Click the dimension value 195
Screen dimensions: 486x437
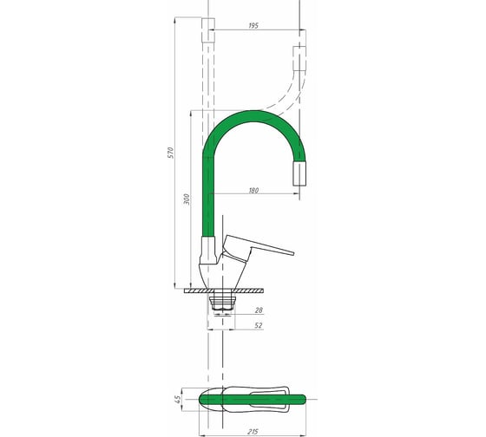pyautogui.click(x=253, y=25)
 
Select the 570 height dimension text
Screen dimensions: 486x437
pyautogui.click(x=171, y=153)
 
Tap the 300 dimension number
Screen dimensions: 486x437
pyautogui.click(x=187, y=199)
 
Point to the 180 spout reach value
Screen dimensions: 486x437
pyautogui.click(x=253, y=190)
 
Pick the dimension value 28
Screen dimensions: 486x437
pyautogui.click(x=259, y=310)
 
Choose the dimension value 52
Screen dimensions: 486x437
pyautogui.click(x=259, y=325)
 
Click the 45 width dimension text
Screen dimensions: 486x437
pyautogui.click(x=178, y=399)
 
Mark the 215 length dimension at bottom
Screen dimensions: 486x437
pyautogui.click(x=253, y=432)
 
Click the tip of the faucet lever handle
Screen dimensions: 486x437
pyautogui.click(x=293, y=253)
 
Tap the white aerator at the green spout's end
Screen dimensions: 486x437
pyautogui.click(x=299, y=173)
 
